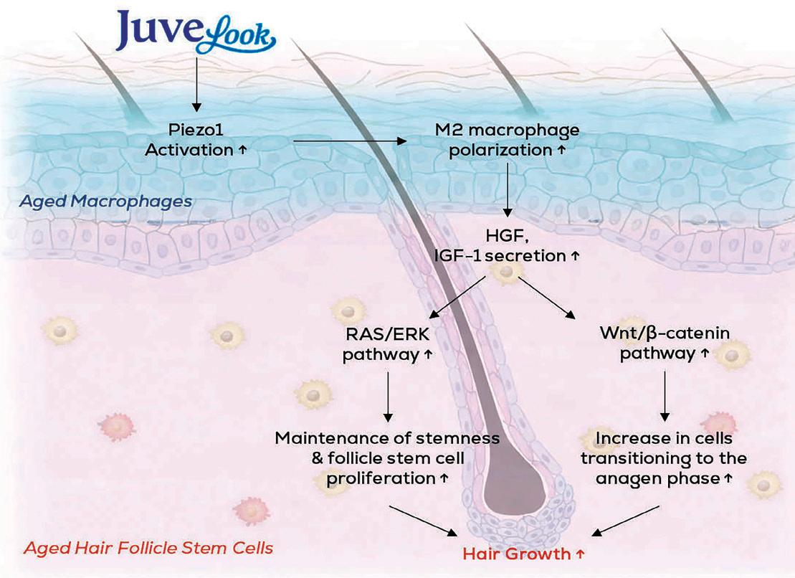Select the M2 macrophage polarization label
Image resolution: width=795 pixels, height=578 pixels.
(507, 141)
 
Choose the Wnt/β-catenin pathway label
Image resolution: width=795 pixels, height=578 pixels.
(665, 344)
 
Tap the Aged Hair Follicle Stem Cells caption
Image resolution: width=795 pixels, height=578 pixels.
(148, 549)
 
